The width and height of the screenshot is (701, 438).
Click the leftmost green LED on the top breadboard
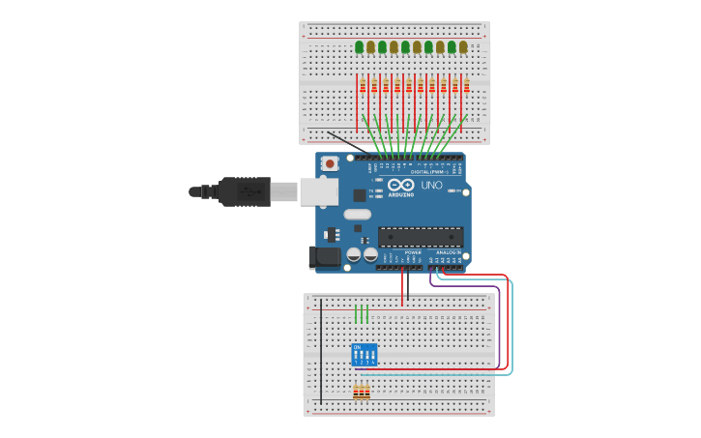pos(360,47)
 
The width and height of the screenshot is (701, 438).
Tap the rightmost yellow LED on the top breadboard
pos(463,47)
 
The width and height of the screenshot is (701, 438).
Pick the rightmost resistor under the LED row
pos(466,87)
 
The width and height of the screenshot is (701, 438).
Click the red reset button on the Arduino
pos(330,164)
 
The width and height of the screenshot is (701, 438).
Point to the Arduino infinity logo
pos(401,185)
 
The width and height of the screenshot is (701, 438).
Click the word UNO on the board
pos(431,185)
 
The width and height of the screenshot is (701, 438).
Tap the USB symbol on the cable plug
pos(249,191)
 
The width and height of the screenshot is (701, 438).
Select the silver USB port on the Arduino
pos(318,191)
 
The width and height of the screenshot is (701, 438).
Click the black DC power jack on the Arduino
pos(324,256)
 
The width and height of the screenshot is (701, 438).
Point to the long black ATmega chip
pos(421,237)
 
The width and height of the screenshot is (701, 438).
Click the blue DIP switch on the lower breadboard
pos(364,355)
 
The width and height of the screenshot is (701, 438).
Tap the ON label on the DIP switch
pos(357,346)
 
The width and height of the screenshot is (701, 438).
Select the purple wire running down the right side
pos(499,319)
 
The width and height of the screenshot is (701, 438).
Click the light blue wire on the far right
pos(511,329)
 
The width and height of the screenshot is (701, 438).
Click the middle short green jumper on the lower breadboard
pos(362,314)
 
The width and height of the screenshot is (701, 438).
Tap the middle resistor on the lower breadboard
pos(362,393)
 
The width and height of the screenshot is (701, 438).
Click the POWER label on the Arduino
pos(413,252)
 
